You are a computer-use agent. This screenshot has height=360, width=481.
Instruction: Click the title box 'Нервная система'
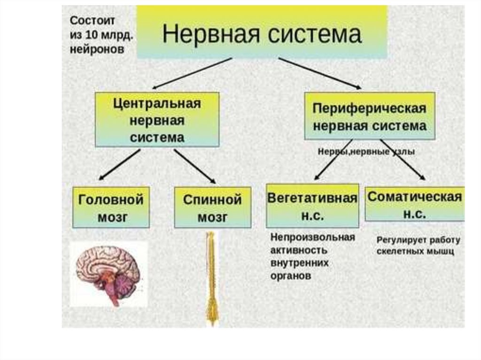tap(262, 33)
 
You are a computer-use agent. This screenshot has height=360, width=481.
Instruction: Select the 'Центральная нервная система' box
tap(157, 120)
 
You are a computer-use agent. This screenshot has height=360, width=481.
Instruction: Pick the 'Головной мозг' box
tap(111, 207)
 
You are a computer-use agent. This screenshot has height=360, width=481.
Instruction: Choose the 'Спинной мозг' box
tap(212, 207)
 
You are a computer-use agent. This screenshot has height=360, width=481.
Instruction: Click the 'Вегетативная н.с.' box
tap(312, 206)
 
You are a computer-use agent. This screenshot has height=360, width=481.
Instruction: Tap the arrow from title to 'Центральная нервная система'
tap(193, 73)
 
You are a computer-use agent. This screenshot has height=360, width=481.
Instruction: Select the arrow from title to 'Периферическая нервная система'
tap(319, 73)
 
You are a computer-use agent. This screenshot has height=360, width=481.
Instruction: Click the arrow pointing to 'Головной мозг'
tap(119, 165)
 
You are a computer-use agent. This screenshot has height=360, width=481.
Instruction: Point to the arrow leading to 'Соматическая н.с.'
tap(403, 160)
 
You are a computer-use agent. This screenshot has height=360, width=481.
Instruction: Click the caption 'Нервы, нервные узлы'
tap(366, 152)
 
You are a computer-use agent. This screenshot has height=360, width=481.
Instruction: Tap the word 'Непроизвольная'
tap(312, 237)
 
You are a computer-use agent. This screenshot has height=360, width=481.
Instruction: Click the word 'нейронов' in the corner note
tap(97, 49)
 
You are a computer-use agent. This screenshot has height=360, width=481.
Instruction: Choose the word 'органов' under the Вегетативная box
tap(291, 276)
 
